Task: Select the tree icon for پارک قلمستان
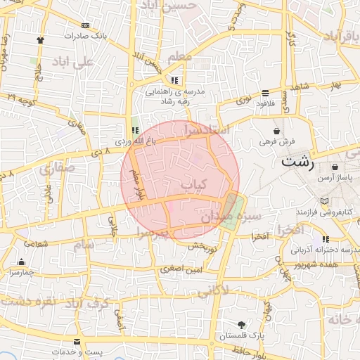[243, 325]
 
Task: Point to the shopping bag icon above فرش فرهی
[276, 131]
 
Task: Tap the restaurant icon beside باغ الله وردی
[135, 130]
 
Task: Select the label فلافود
[265, 103]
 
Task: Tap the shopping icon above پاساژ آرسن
[334, 167]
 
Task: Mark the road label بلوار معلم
[136, 186]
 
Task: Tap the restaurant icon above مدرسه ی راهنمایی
[174, 80]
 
